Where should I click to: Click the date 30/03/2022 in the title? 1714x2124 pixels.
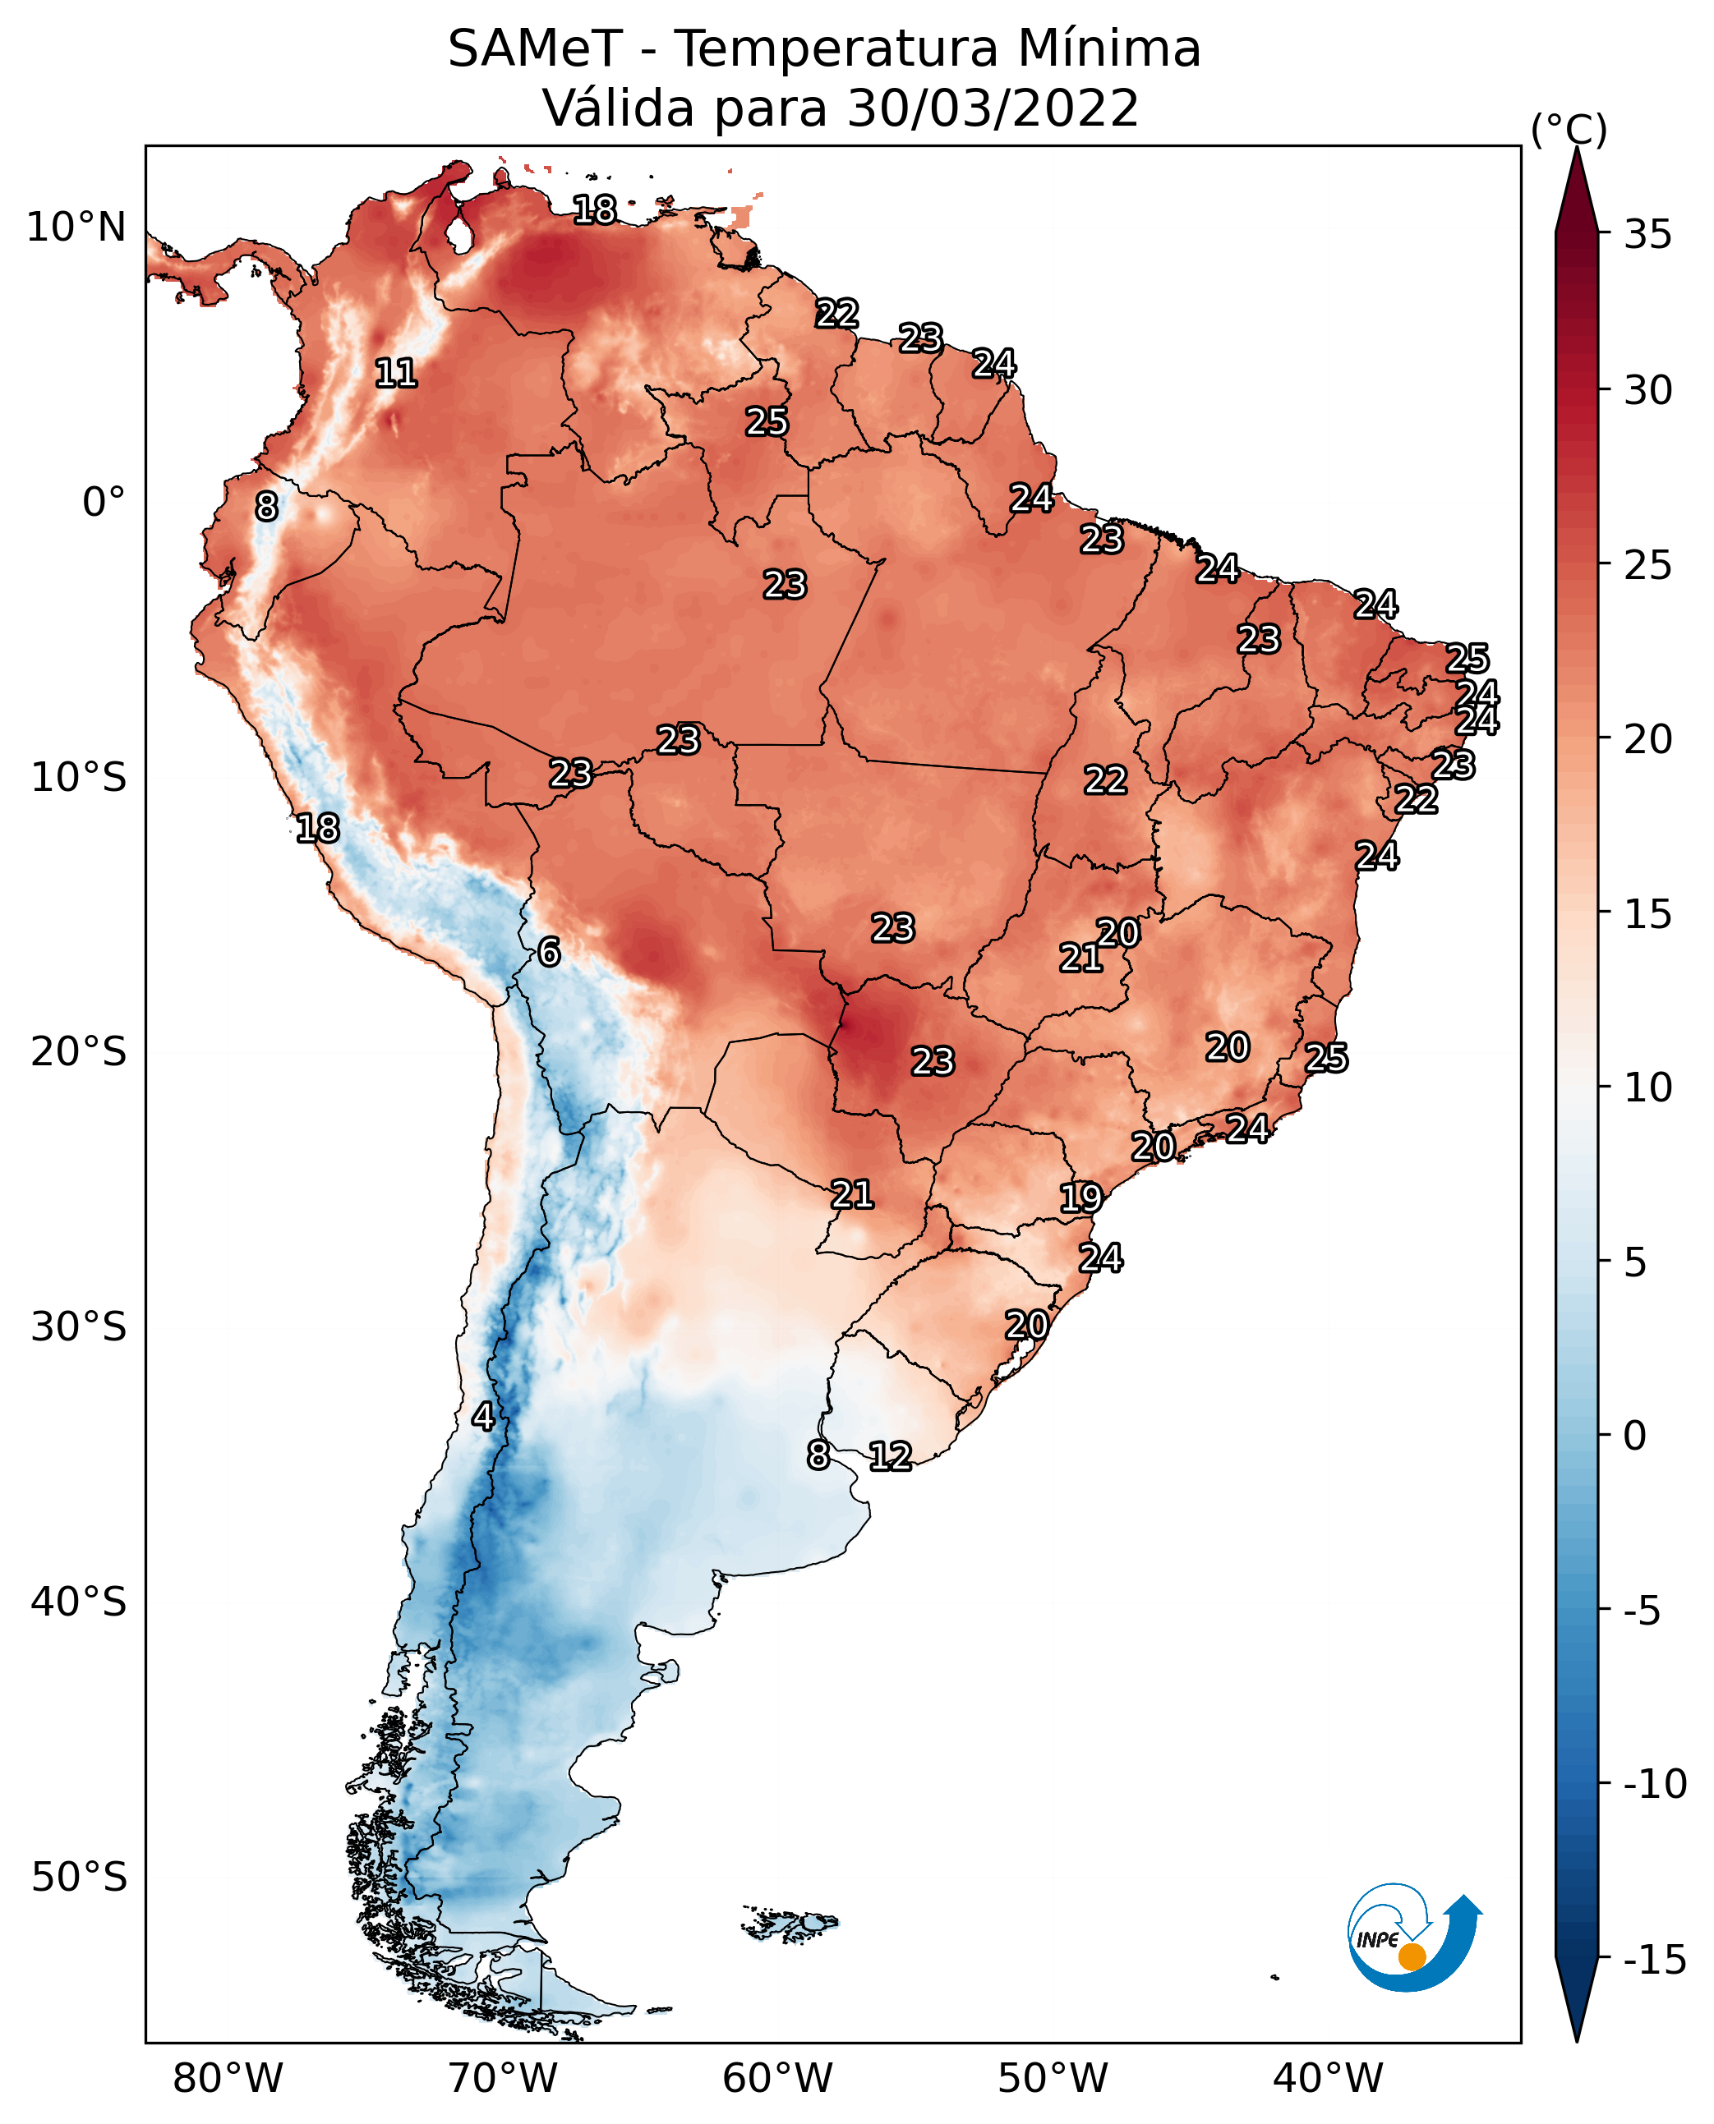click(x=993, y=108)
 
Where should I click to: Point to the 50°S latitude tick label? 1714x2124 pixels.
click(x=79, y=1876)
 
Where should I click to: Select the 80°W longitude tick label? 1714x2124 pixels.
click(x=228, y=2078)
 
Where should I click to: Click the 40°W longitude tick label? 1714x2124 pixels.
click(x=1328, y=2078)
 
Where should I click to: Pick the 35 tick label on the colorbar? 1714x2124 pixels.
click(x=1647, y=235)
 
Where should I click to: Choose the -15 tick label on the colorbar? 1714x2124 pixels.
click(x=1655, y=1961)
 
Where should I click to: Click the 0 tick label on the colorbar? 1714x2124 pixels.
click(x=1635, y=1436)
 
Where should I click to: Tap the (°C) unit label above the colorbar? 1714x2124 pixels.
click(x=1569, y=129)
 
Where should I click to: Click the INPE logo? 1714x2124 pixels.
click(x=1413, y=1938)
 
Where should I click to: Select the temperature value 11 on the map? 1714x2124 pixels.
click(x=396, y=373)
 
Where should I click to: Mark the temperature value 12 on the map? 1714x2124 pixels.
click(x=890, y=1455)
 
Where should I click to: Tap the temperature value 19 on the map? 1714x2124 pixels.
click(x=1080, y=1198)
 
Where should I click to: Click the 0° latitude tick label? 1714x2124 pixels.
click(x=104, y=503)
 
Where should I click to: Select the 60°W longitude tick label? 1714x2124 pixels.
click(x=778, y=2078)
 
